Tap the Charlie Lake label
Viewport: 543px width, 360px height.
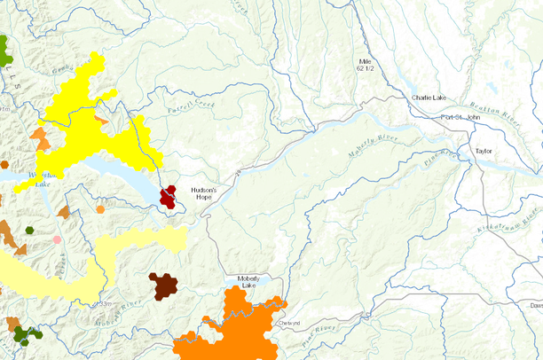pos(431,98)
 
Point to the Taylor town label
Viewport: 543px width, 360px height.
pos(484,152)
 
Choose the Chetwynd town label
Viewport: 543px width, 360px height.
pos(290,323)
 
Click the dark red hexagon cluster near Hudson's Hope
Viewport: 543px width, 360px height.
pos(168,197)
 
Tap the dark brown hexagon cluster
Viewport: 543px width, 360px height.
pos(163,286)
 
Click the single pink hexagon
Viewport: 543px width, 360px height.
pos(58,239)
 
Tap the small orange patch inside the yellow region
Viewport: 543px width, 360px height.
pos(101,120)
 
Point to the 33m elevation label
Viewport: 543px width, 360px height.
pos(106,304)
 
